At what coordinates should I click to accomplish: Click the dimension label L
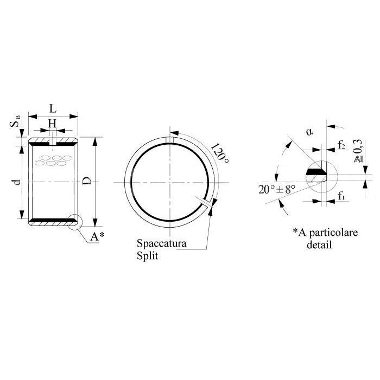click(x=53, y=109)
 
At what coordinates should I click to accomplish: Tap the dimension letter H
click(x=52, y=124)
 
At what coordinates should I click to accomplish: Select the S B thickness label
click(x=15, y=122)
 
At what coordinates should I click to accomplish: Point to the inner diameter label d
click(x=17, y=182)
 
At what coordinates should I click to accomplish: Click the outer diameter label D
click(x=87, y=181)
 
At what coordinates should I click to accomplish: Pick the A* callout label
click(x=97, y=236)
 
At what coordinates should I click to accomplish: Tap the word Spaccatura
click(x=162, y=243)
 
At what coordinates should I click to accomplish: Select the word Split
click(x=147, y=256)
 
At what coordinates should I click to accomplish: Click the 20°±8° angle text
click(x=277, y=189)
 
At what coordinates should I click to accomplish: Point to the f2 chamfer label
click(x=341, y=145)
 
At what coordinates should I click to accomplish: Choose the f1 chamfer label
click(x=341, y=196)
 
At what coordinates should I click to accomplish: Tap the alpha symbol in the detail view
click(x=309, y=132)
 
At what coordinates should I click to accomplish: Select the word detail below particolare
click(x=319, y=244)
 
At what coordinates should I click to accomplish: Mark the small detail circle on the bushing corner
click(x=75, y=222)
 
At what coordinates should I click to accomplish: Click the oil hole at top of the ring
click(x=170, y=140)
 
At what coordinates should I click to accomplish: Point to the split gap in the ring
click(x=205, y=202)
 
